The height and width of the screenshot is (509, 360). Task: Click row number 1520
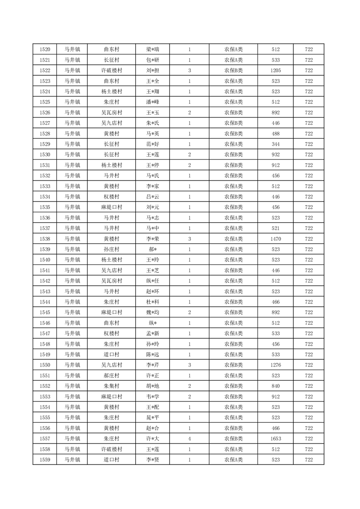pyautogui.click(x=45, y=49)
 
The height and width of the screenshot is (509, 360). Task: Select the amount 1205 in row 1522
pyautogui.click(x=276, y=70)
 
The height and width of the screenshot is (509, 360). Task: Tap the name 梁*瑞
pyautogui.click(x=153, y=49)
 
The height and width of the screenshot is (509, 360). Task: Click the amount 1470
pyautogui.click(x=276, y=239)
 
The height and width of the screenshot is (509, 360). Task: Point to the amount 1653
pyautogui.click(x=276, y=439)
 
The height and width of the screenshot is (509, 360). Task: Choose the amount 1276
pyautogui.click(x=276, y=365)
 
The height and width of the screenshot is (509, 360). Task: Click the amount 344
pyautogui.click(x=276, y=144)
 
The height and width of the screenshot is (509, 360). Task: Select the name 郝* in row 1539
pyautogui.click(x=153, y=249)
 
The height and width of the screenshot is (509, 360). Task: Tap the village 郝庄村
pyautogui.click(x=111, y=376)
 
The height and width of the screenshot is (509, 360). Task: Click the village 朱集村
pyautogui.click(x=111, y=386)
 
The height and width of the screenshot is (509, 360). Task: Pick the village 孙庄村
pyautogui.click(x=111, y=249)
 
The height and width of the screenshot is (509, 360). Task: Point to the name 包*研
pyautogui.click(x=153, y=60)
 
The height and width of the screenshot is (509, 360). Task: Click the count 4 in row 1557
pyautogui.click(x=189, y=439)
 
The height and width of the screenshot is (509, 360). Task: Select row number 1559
pyautogui.click(x=45, y=460)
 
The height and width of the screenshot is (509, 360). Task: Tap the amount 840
pyautogui.click(x=276, y=386)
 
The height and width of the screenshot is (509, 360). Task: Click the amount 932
pyautogui.click(x=276, y=155)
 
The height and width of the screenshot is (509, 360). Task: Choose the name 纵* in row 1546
pyautogui.click(x=153, y=323)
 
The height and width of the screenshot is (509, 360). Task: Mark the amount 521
pyautogui.click(x=276, y=228)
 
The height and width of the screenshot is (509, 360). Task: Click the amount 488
pyautogui.click(x=276, y=133)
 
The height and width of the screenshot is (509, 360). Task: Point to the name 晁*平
pyautogui.click(x=153, y=417)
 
